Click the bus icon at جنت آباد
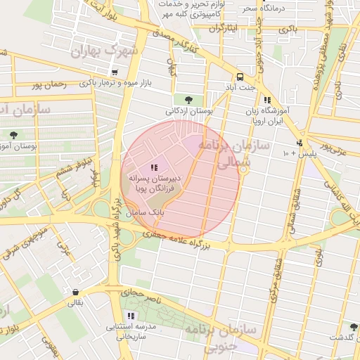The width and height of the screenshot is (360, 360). point(240,77)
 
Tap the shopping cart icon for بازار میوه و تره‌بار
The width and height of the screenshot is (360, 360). point(114,72)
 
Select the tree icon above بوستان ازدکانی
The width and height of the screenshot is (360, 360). point(188,99)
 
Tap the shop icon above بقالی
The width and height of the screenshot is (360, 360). point(75,292)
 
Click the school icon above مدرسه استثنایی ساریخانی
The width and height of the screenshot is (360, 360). point(131,316)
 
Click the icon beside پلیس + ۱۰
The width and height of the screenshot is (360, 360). point(300,143)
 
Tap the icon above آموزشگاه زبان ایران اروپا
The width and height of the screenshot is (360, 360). point(266,101)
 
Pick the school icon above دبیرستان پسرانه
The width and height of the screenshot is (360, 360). point(154,167)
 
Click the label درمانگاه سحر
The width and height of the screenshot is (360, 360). point(259,8)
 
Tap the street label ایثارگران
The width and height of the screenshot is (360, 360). point(225,28)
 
